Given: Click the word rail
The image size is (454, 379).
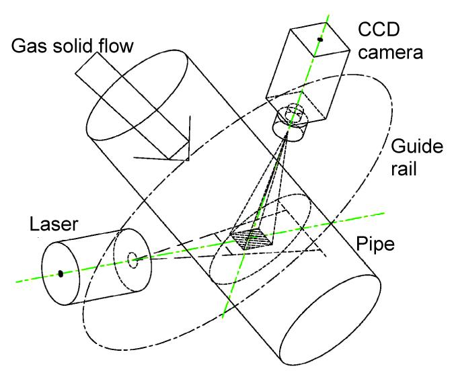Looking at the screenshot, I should click(x=406, y=168).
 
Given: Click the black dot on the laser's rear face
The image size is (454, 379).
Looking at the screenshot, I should click(x=61, y=273).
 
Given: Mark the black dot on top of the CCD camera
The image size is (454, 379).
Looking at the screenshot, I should click(x=320, y=40).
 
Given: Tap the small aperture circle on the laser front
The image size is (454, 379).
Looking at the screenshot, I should click(x=131, y=256).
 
